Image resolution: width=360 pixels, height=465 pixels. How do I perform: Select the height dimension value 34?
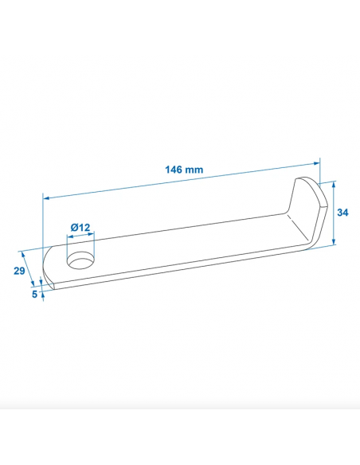coord(342,213)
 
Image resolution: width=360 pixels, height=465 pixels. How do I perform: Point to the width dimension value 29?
coord(18,272)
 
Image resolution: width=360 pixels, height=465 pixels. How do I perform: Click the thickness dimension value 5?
coord(34,294)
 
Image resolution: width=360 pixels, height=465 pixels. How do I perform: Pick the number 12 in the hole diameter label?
coord(84,227)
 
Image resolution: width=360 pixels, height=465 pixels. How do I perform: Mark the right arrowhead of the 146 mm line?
coord(317,163)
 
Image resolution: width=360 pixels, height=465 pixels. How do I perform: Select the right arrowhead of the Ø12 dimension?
coord(92,235)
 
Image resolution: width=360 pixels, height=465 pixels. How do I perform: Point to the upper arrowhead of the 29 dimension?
coord(25,252)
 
